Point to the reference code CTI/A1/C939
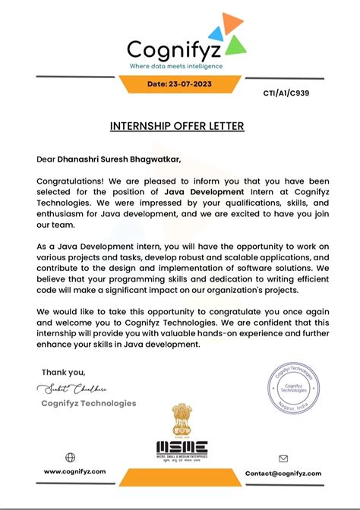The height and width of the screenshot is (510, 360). [287, 94]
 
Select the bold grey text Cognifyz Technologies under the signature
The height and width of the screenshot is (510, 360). [89, 404]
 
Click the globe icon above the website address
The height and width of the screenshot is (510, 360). [71, 457]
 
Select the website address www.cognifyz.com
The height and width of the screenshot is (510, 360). [74, 472]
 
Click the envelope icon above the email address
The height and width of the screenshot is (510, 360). [283, 458]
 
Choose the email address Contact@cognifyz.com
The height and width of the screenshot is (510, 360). [283, 473]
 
